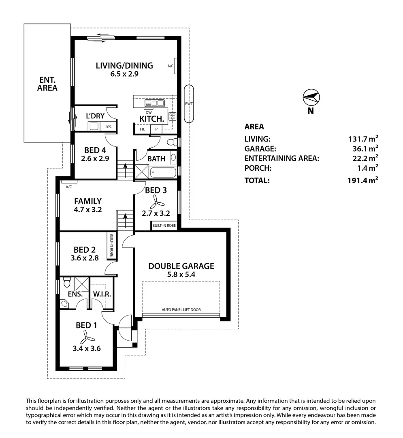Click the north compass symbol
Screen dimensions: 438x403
(311, 97)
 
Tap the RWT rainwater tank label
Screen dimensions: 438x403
(189, 103)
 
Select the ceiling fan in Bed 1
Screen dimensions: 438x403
(86, 337)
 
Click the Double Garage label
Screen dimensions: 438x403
(181, 266)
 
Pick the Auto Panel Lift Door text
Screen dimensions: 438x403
(181, 309)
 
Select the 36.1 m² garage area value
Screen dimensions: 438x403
(363, 148)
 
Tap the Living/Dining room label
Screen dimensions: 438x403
(124, 65)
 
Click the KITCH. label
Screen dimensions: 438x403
(151, 118)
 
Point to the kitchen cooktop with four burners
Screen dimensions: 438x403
(172, 116)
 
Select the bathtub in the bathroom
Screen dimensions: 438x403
(163, 172)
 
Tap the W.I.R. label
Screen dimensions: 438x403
(102, 294)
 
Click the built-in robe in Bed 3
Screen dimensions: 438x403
(164, 225)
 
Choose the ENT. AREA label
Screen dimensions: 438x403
(47, 83)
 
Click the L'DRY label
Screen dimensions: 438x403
(95, 116)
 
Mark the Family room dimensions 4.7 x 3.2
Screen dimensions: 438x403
(87, 210)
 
